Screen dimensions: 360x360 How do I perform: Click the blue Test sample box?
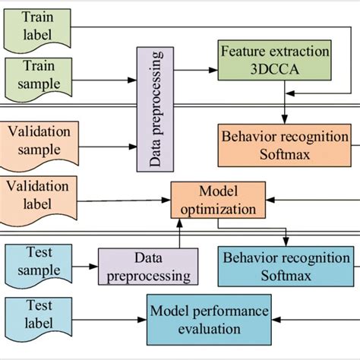pos(37,262)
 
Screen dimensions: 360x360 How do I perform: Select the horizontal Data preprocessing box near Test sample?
pos(144,268)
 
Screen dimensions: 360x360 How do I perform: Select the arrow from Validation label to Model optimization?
pos(125,201)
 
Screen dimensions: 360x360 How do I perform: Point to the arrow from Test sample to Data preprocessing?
pos(86,265)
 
